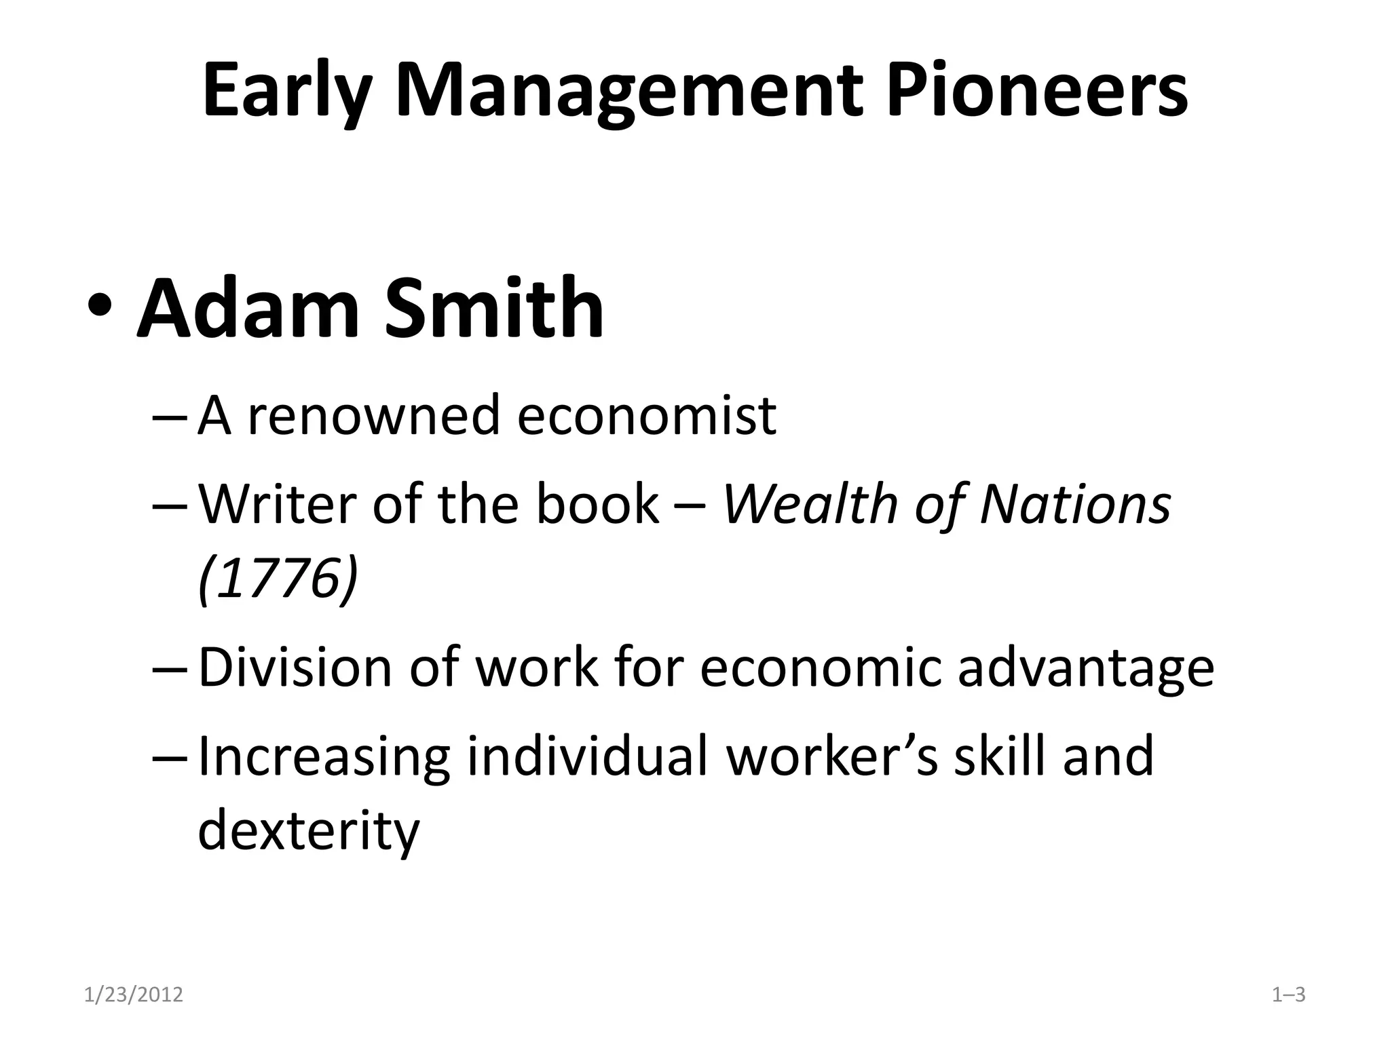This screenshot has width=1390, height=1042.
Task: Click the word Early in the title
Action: pyautogui.click(x=286, y=92)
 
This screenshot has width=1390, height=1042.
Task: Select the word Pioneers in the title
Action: pyautogui.click(x=1036, y=92)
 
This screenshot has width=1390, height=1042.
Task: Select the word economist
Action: pyautogui.click(x=646, y=415)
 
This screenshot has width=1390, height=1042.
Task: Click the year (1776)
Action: pyautogui.click(x=278, y=578)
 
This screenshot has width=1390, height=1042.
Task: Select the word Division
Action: pyautogui.click(x=295, y=668)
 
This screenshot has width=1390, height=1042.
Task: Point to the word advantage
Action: pyautogui.click(x=1085, y=668)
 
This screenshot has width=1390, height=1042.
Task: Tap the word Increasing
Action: pyautogui.click(x=324, y=756)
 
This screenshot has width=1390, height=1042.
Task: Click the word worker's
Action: pyautogui.click(x=832, y=756)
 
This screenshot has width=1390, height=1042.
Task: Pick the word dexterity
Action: pyautogui.click(x=309, y=830)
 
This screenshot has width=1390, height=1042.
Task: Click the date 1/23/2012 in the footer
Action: pyautogui.click(x=134, y=995)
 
